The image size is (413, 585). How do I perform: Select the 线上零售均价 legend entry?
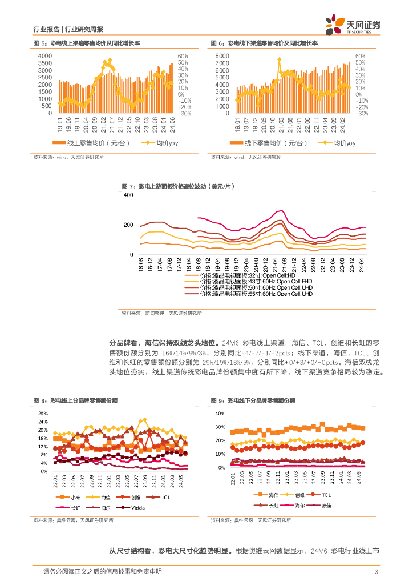pyautogui.click(x=91, y=143)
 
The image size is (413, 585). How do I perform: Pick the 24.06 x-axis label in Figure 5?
pyautogui.click(x=171, y=123)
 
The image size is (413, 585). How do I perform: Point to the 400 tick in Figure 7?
pyautogui.click(x=128, y=195)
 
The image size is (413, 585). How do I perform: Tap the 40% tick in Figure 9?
pyautogui.click(x=221, y=413)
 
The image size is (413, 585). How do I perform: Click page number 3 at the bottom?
pyautogui.click(x=376, y=572)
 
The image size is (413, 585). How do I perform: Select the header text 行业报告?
pyautogui.click(x=46, y=30)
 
